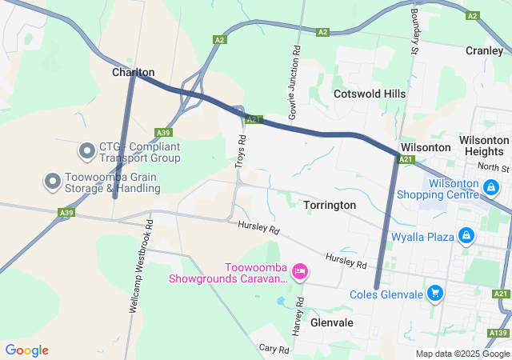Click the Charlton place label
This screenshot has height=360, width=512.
click(x=133, y=72)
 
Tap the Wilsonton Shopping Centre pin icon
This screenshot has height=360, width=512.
click(x=491, y=188)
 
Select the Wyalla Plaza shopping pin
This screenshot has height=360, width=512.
click(x=465, y=236)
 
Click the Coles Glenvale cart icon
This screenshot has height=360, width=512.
click(x=434, y=294)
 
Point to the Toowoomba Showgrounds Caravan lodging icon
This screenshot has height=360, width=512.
click(x=299, y=272)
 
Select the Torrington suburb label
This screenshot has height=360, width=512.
click(x=330, y=205)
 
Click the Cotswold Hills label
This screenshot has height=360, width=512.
click(x=369, y=94)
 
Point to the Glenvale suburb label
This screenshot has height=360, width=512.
click(x=331, y=322)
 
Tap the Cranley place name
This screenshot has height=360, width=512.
click(x=485, y=50)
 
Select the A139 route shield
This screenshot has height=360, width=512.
click(x=497, y=332)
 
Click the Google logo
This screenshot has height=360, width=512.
click(x=26, y=350)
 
